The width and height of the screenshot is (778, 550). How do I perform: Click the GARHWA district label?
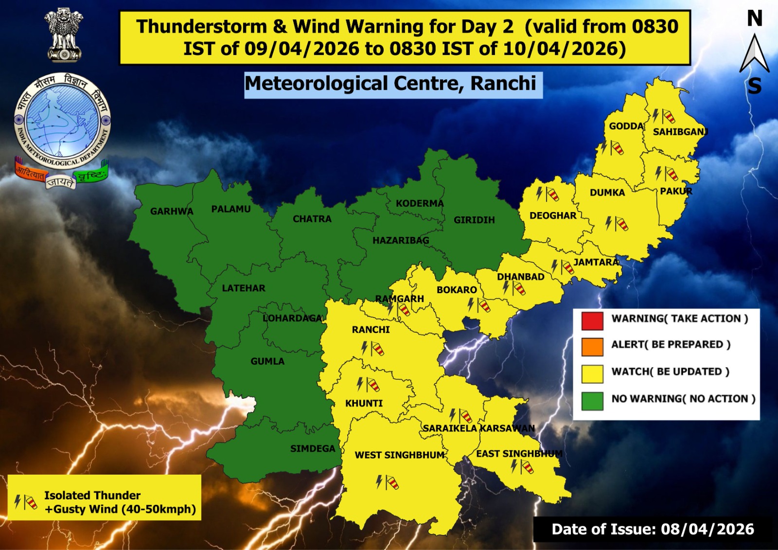point(172,212)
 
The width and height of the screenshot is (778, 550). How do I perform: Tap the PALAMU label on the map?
point(231,209)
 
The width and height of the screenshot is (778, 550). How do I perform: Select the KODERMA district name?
point(420,203)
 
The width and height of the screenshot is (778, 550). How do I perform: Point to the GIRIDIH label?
point(474,220)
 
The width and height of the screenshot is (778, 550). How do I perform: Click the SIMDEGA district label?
point(313,448)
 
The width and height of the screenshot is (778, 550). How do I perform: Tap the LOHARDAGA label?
point(293,318)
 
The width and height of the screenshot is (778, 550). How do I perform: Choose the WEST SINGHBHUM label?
point(400,455)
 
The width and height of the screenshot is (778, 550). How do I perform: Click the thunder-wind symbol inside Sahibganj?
point(664,116)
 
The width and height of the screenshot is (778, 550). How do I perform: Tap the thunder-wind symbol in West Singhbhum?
point(388,482)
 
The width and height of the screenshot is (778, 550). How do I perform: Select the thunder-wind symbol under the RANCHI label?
point(372,348)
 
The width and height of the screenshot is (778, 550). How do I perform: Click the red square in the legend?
point(592,320)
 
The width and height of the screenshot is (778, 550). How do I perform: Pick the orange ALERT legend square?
point(592,347)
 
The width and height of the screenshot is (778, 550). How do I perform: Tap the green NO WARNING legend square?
point(592,401)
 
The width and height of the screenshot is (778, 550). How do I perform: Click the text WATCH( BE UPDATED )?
point(670,372)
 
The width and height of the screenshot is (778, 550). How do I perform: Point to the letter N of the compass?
point(755,18)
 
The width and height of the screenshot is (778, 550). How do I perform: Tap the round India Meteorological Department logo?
point(62,121)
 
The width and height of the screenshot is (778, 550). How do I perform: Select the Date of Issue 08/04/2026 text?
point(653,529)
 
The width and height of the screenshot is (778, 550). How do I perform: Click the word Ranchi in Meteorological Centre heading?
point(503,84)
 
